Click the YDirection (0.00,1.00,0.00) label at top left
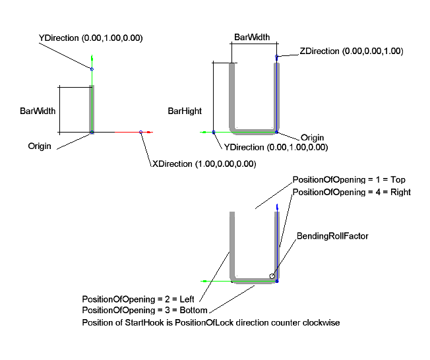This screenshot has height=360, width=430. [x=91, y=38]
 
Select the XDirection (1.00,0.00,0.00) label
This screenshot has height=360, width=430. [x=204, y=164]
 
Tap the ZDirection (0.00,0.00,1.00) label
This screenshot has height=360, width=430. [x=351, y=51]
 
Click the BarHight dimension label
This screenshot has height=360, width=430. [x=185, y=111]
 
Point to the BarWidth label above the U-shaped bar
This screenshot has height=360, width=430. [x=251, y=38]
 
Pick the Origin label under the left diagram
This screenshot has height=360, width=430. [x=40, y=146]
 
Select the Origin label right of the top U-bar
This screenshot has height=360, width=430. [x=313, y=138]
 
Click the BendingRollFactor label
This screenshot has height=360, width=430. [x=332, y=235]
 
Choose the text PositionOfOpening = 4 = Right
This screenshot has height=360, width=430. [x=352, y=192]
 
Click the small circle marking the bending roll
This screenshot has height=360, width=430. [x=272, y=276]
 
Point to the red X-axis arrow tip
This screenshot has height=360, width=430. [x=151, y=133]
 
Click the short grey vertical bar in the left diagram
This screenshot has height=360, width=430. [x=92, y=109]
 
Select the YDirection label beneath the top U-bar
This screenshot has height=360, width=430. [x=276, y=147]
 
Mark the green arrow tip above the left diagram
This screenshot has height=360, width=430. [x=92, y=57]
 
